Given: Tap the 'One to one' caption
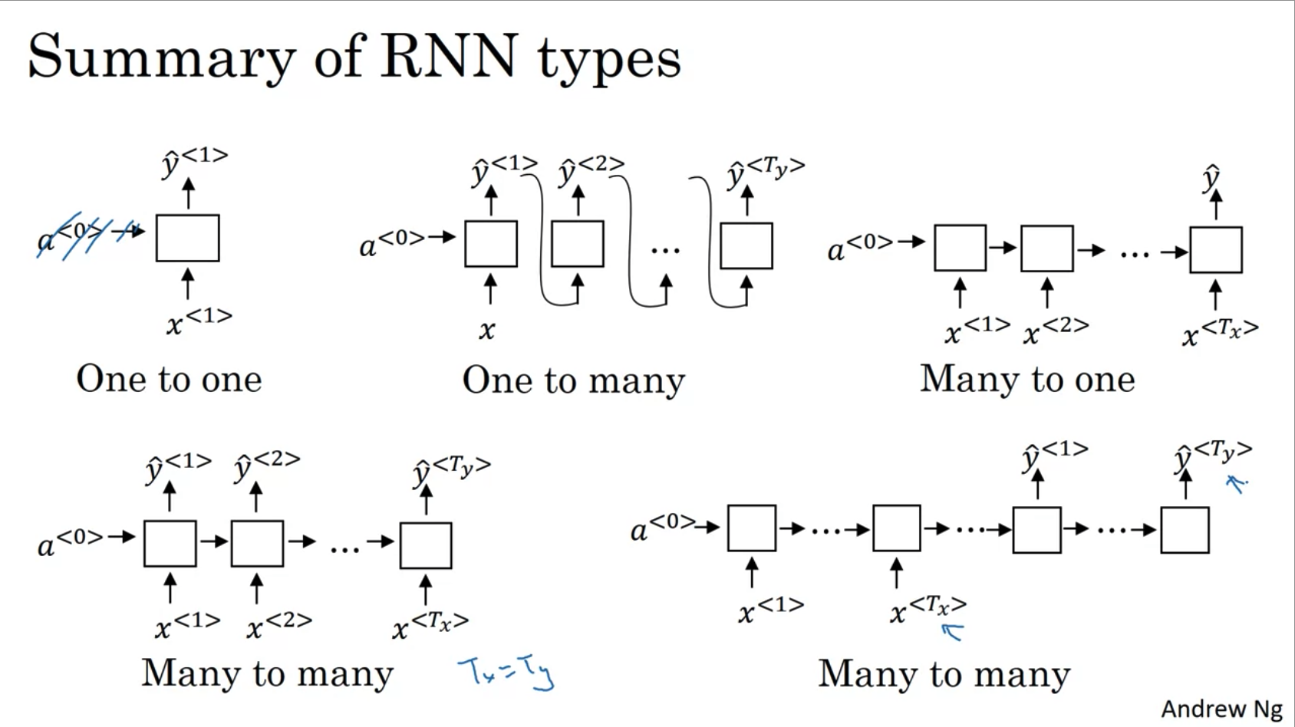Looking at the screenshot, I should (x=169, y=379).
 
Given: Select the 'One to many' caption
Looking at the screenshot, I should (x=573, y=380).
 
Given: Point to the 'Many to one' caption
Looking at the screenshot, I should (x=1027, y=379).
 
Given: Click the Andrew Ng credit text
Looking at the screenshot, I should (x=1221, y=709).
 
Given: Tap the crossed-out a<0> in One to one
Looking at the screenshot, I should (x=73, y=235).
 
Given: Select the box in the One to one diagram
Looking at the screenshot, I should (x=187, y=238).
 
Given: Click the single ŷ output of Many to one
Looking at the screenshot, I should (x=1211, y=178).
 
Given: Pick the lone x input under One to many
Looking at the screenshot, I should (x=487, y=331).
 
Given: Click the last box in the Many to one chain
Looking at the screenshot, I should (x=1215, y=250).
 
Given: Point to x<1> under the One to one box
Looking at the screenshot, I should (x=199, y=321).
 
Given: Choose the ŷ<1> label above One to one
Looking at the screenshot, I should (x=194, y=161).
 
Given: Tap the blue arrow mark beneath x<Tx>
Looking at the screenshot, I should (x=952, y=632).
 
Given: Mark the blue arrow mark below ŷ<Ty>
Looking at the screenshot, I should (x=1236, y=483).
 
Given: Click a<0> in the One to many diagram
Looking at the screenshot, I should (x=391, y=243).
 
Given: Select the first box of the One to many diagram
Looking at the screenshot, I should (x=491, y=244).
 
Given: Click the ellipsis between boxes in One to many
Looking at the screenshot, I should (x=665, y=250).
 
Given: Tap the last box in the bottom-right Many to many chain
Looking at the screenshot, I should (x=1185, y=529).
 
